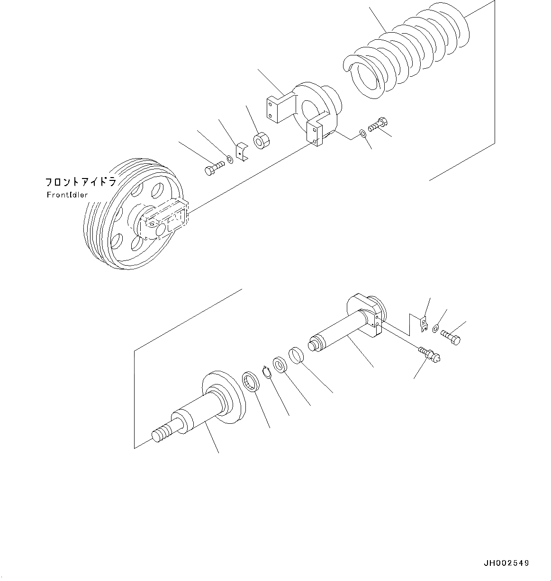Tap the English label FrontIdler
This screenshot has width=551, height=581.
[x=67, y=195]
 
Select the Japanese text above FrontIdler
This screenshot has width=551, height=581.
[x=81, y=182]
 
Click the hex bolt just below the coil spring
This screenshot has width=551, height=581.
[x=378, y=125]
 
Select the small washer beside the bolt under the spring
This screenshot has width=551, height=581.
[x=363, y=134]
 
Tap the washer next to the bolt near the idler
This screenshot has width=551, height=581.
[x=229, y=159]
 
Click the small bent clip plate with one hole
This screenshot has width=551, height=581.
[x=242, y=152]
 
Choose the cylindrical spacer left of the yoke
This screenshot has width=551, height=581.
[x=262, y=140]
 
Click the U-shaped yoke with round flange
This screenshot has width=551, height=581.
[x=307, y=114]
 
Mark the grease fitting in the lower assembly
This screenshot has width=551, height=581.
[x=429, y=354]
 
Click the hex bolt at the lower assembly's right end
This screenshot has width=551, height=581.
[x=451, y=338]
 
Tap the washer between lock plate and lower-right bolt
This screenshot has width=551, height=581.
[x=436, y=328]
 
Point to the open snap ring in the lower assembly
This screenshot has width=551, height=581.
[x=267, y=372]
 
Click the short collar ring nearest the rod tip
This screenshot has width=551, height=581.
[x=296, y=356]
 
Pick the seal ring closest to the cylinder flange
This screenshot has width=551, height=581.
[x=251, y=382]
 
